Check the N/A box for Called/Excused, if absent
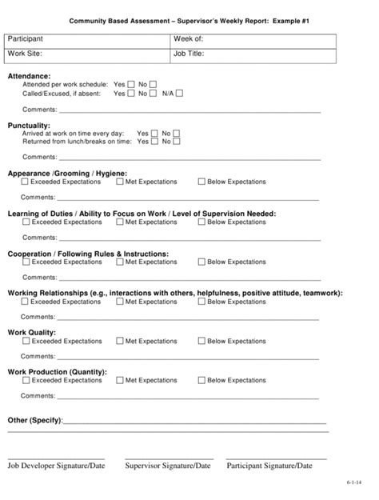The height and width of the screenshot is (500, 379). coord(179,93)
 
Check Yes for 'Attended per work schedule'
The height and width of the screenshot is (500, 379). coord(130,84)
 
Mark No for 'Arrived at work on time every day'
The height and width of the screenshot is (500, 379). coord(177,133)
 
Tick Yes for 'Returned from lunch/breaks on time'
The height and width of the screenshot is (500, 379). coord(154,142)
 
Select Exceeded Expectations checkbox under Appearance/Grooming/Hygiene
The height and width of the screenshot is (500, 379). coord(26,182)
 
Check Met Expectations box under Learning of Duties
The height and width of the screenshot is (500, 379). coord(120,222)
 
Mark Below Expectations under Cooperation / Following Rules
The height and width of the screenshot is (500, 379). coord(201,262)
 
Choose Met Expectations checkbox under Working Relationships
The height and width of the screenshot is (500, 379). coord(120,302)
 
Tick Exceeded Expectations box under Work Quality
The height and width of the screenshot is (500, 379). coord(26,341)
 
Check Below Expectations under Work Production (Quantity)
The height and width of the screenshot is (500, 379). coord(201,381)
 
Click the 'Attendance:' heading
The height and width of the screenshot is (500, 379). coord(29,75)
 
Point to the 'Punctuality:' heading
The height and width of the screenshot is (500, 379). coord(29,125)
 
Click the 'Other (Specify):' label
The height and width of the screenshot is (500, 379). coord(34,420)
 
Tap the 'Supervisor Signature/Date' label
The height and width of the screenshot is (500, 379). coord(168,465)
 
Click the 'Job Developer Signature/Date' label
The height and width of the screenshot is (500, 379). coord(56,465)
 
